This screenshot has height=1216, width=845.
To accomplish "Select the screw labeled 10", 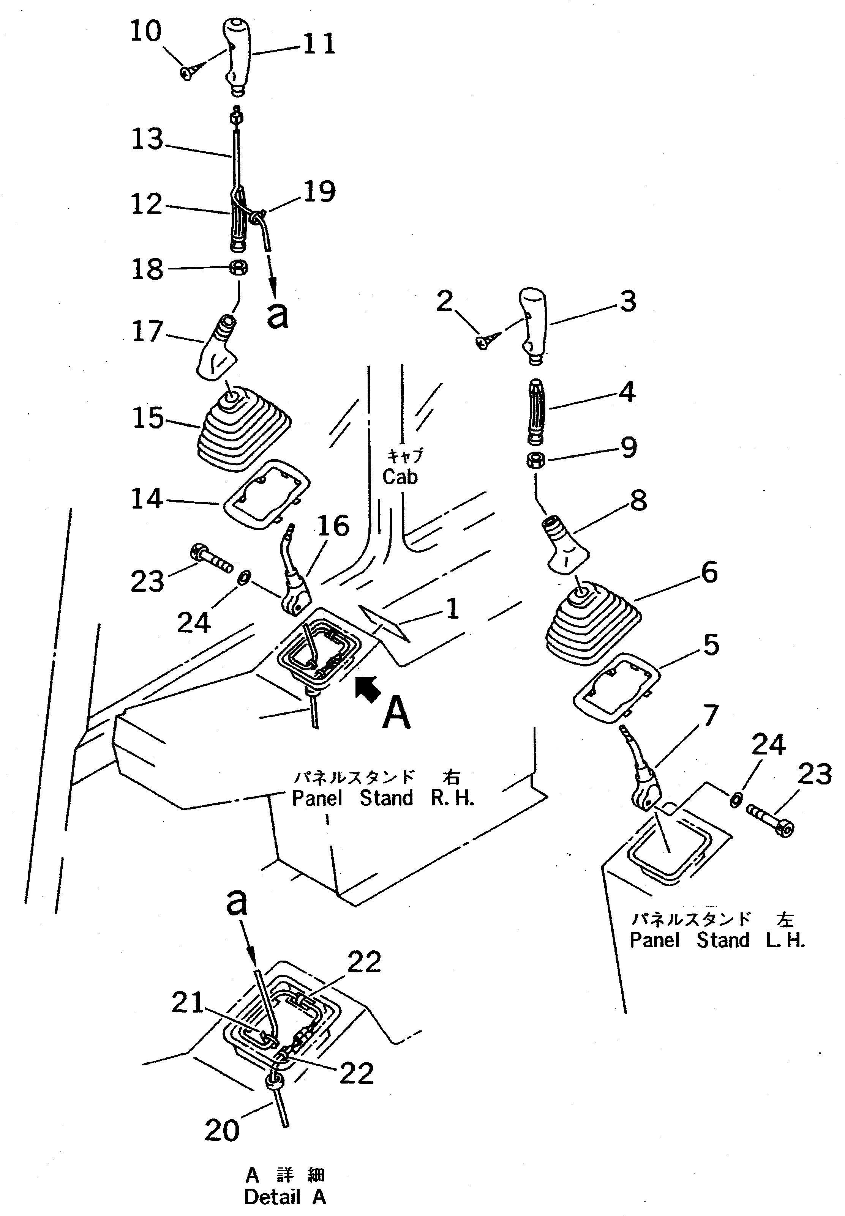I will coord(187,72).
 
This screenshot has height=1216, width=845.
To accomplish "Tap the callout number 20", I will coord(222,1130).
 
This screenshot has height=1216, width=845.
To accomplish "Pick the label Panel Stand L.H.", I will coord(717,940).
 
